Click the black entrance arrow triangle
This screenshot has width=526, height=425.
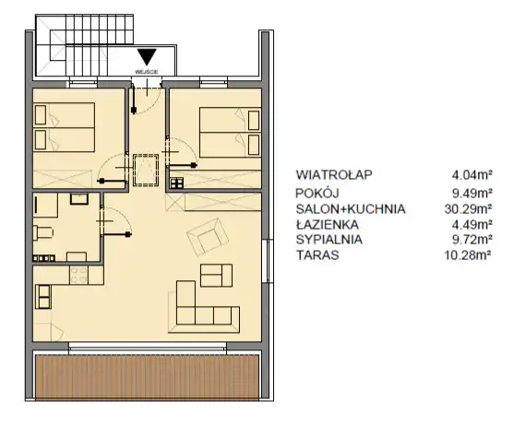[147, 56]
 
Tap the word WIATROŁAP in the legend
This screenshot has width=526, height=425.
[334, 175]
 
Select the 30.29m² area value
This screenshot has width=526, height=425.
[468, 209]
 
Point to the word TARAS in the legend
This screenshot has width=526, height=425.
[317, 255]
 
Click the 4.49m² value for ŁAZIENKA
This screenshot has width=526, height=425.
[472, 224]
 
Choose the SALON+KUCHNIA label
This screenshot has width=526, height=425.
[351, 209]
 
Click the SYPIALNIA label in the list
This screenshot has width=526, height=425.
[329, 240]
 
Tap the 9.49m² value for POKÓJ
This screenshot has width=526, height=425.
[472, 194]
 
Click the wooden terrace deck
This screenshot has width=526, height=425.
[147, 377]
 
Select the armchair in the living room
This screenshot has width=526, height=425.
[208, 236]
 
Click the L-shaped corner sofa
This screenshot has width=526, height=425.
[204, 307]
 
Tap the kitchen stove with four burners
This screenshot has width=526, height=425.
[79, 275]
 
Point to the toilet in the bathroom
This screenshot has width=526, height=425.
[43, 233]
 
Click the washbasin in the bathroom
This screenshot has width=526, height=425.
[79, 198]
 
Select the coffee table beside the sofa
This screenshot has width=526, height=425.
[216, 275]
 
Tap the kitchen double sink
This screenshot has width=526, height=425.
[43, 297]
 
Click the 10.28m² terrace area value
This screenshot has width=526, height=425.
[468, 255]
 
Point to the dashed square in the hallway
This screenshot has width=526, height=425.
[146, 171]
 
